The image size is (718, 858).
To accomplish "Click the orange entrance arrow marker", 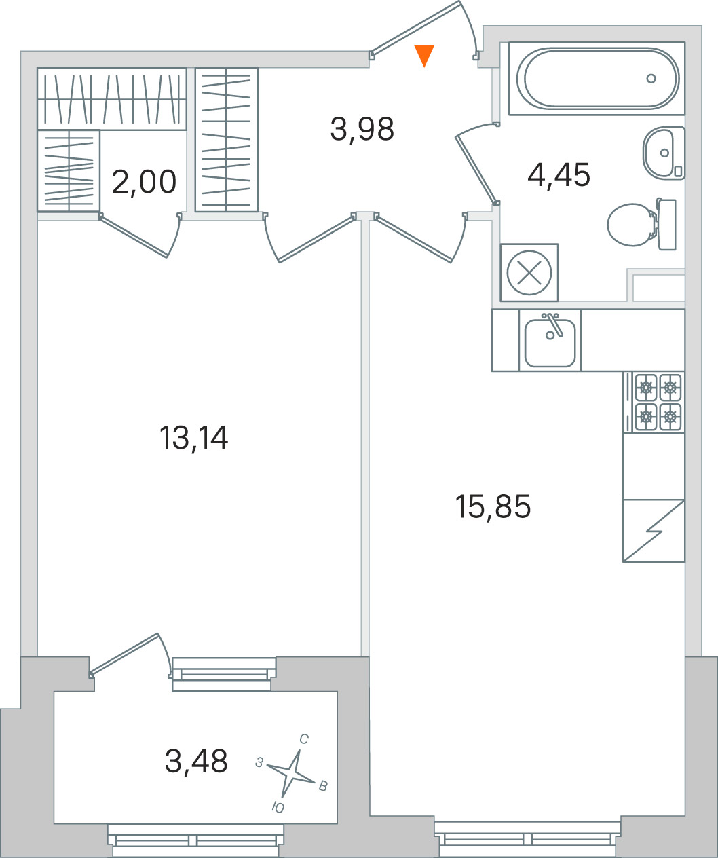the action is coord(424,56).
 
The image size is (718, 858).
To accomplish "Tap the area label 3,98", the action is coord(362,130).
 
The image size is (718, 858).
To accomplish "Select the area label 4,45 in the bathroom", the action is coord(559,174).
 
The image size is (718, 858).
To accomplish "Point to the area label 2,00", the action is coord(144,182).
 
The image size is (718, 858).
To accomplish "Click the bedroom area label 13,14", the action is coord(193,438).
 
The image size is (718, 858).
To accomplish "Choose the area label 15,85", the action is coord(493,506).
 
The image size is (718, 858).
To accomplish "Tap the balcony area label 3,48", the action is coord(196,761).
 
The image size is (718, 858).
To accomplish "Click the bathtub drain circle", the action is coord(651,78).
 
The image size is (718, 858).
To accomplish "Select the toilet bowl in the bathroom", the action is coord(641,225).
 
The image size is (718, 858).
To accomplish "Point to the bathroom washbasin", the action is coord(664,153).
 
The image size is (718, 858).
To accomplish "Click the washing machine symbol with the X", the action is coord(529,272).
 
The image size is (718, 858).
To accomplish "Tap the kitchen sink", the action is coord(550,341).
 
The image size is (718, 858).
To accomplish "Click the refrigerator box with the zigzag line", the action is coord(654,531).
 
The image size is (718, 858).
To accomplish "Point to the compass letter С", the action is coord(303,739).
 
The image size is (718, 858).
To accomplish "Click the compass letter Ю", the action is coord(278,808).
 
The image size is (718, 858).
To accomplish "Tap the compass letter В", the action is coord(323,786).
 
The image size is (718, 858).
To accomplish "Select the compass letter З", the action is coord(259,762).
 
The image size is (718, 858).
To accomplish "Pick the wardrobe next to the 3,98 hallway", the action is coord(227,140).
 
